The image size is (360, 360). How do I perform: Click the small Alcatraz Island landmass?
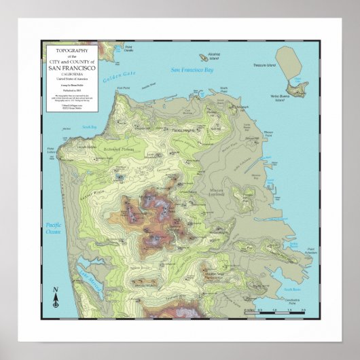coord(204,57)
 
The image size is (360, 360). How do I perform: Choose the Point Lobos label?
coord(50,150)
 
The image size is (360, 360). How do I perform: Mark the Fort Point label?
coord(124,88)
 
